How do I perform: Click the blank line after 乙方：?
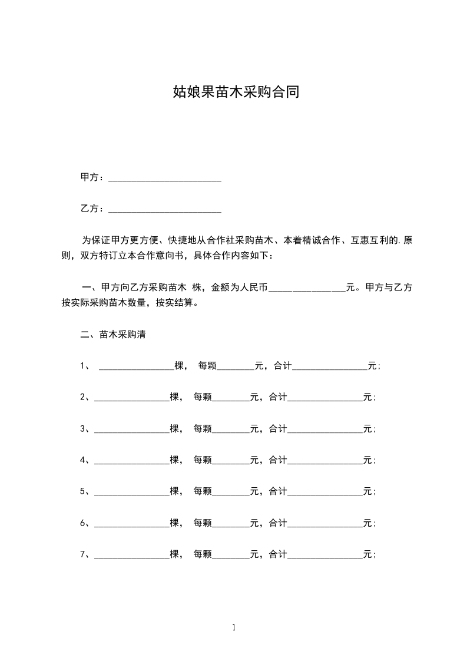(x=165, y=209)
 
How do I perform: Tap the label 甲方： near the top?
(x=94, y=177)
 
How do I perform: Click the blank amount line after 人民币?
(x=307, y=288)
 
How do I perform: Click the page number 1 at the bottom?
(x=234, y=627)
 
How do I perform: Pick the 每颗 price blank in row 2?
(x=231, y=398)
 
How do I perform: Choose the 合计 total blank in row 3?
(x=324, y=429)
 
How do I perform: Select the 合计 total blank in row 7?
(x=324, y=554)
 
